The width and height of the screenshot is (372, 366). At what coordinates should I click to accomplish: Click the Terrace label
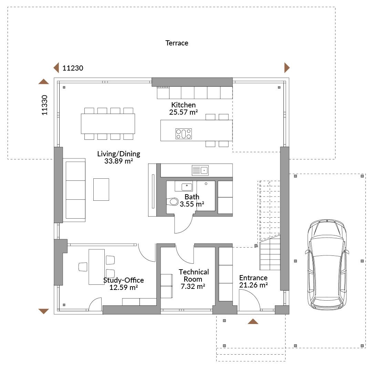(x=177, y=43)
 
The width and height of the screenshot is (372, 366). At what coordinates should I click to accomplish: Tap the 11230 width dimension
(x=73, y=68)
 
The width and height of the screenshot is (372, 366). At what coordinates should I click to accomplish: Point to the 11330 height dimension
(x=44, y=105)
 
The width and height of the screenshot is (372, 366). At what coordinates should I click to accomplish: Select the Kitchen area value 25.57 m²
(x=183, y=112)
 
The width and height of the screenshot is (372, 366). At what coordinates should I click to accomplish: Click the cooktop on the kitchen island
(x=184, y=134)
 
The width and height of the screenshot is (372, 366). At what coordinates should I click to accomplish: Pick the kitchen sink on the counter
(x=200, y=170)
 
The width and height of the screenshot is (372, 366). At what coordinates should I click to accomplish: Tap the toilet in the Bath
(x=173, y=202)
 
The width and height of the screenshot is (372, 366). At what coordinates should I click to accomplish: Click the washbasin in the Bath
(x=187, y=187)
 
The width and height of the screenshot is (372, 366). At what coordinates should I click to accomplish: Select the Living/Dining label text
(x=118, y=154)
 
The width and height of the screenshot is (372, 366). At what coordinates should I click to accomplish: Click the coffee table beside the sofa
(x=101, y=189)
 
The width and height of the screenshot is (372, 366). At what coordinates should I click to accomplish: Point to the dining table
(x=108, y=124)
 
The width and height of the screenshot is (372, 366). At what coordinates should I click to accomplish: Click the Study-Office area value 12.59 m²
(x=124, y=287)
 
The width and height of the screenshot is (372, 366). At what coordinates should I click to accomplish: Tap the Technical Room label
(x=194, y=275)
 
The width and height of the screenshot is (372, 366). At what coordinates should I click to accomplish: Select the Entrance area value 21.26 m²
(x=254, y=285)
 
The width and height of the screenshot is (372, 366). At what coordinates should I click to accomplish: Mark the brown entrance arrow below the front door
(x=253, y=321)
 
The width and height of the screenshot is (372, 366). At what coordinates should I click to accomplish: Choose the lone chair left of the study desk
(x=83, y=267)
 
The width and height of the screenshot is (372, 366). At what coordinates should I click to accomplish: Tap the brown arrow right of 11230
(x=287, y=68)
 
